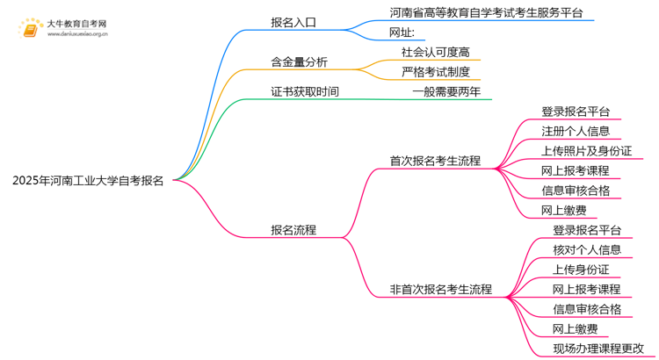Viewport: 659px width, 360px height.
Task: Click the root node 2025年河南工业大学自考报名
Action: click(x=87, y=180)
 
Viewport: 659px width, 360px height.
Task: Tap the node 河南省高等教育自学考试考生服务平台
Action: click(x=485, y=13)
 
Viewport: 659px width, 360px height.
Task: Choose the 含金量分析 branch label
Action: click(x=299, y=62)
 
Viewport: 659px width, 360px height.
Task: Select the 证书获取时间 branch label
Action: click(x=304, y=91)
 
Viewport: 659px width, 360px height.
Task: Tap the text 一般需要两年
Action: click(x=446, y=91)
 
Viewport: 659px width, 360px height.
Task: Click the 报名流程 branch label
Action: click(x=293, y=230)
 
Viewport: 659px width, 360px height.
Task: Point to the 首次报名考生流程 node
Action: click(x=435, y=161)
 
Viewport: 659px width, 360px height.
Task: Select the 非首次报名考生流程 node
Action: click(x=440, y=289)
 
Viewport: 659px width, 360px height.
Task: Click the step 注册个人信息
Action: click(x=576, y=131)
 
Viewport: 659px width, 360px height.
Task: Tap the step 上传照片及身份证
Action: click(x=586, y=151)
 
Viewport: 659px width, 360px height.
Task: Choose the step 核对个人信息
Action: click(x=586, y=249)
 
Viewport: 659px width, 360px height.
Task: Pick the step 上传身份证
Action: click(x=581, y=270)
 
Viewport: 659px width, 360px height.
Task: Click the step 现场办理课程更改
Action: click(x=597, y=349)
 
